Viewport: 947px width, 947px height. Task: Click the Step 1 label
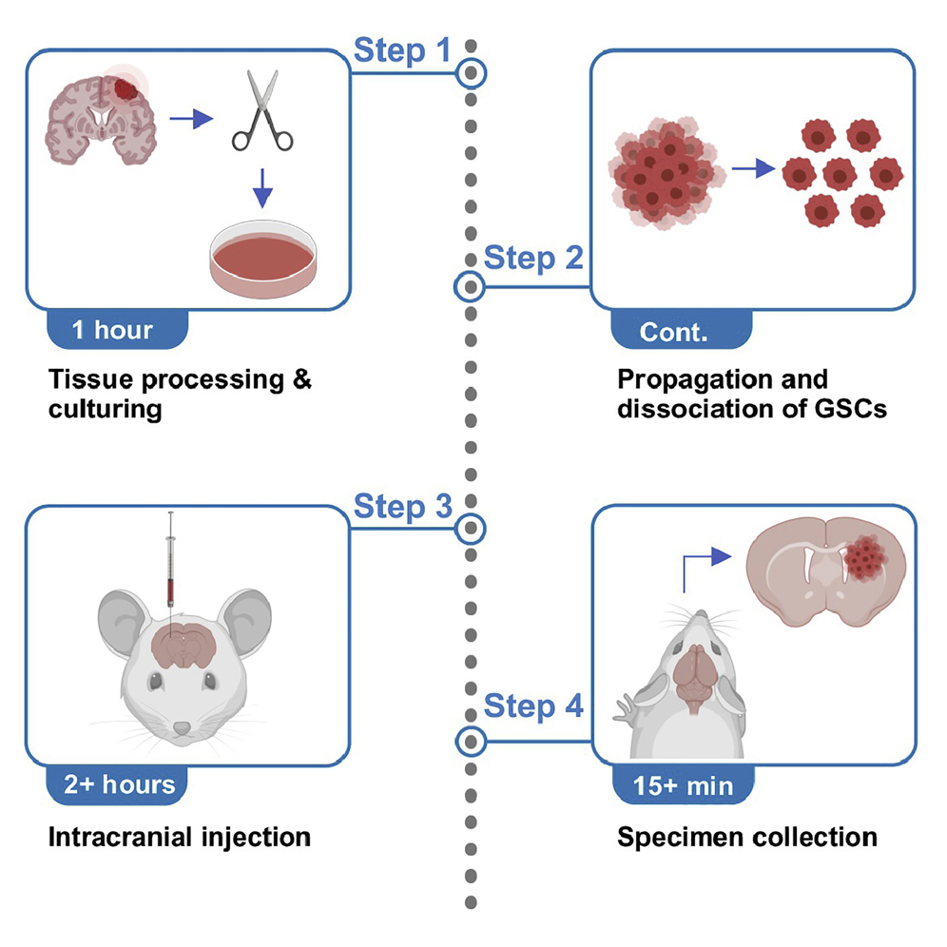coord(402,50)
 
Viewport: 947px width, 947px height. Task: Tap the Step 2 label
coord(533,258)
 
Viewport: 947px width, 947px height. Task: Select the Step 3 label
coord(403,506)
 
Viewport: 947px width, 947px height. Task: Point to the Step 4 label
coord(533,705)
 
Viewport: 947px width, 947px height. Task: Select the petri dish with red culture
coord(263,259)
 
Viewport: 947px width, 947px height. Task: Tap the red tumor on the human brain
coord(126,88)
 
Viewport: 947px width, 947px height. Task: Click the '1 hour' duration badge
coord(117,330)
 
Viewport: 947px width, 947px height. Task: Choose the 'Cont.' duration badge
coord(682,330)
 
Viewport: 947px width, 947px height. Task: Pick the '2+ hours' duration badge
coord(117,785)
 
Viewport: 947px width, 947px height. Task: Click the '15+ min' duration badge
coord(683,785)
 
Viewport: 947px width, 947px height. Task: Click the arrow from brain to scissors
coord(191,118)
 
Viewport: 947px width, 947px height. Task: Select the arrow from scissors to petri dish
coord(262,188)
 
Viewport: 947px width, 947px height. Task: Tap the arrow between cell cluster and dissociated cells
coord(753,168)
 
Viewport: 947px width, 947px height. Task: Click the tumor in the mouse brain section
coord(865,557)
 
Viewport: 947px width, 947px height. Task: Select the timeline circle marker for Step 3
coord(471,529)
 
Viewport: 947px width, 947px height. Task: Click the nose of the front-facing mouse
coord(183,728)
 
